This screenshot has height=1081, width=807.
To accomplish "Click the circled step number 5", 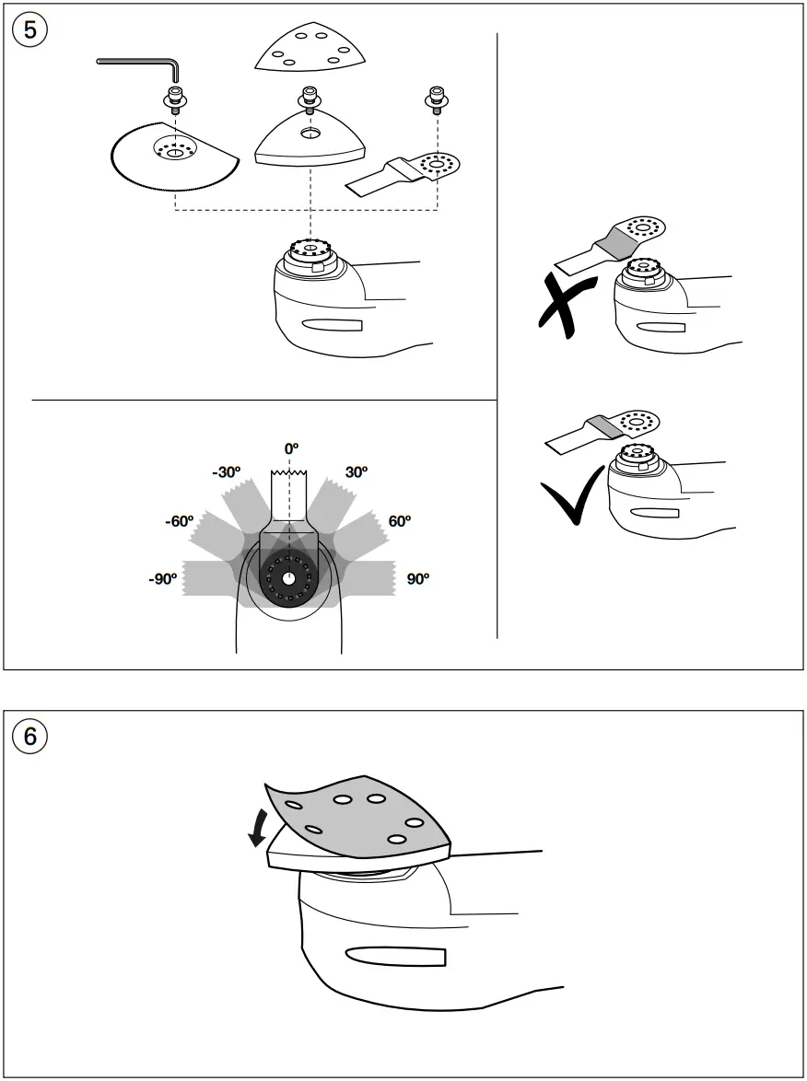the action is pos(29,31).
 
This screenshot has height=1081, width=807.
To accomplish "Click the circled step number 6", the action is pos(29,737).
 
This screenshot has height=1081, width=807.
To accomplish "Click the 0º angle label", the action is pos(291,448).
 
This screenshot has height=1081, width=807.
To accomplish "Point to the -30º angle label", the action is pos(227,472).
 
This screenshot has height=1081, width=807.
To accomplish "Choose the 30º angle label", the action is pos(356,472).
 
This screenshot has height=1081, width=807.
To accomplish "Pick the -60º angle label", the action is pos(180,521).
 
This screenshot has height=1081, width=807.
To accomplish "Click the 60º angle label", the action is pos(400,521).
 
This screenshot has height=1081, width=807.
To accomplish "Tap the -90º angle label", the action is pos(163,578).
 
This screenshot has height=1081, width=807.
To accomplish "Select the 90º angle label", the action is pos(417,578).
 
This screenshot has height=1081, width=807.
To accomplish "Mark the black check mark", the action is pos(573,497).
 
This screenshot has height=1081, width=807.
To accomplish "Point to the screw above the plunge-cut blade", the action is pos(436,100).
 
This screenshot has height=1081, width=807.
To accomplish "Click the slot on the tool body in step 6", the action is pos(395,956).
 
